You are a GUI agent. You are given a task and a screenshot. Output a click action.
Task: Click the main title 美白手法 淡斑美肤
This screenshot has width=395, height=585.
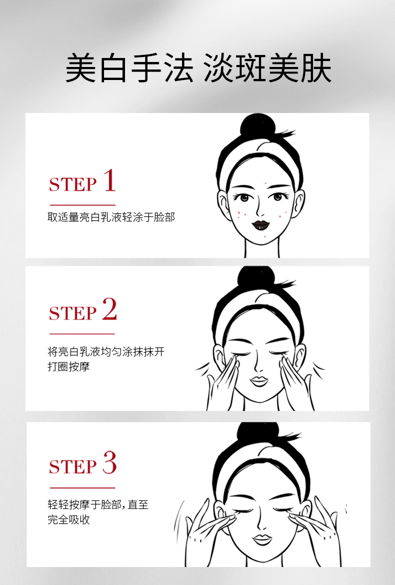click(198, 68)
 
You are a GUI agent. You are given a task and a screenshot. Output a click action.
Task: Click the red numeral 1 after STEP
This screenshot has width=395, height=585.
click(109, 180)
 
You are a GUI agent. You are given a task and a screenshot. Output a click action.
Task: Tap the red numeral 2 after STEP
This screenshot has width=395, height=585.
click(109, 309)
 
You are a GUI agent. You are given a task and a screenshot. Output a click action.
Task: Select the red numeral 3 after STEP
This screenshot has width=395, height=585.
click(109, 462)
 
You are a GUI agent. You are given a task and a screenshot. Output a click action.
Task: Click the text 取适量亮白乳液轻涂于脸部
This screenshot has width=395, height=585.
click(111, 217)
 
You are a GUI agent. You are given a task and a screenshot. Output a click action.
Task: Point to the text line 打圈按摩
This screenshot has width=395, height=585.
click(68, 366)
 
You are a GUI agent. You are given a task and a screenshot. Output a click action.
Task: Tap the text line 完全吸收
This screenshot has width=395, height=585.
click(68, 519)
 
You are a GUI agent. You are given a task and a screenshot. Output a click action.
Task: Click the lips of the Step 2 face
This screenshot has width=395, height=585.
click(259, 381)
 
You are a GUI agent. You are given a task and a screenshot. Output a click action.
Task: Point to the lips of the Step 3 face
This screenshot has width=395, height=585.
click(261, 539)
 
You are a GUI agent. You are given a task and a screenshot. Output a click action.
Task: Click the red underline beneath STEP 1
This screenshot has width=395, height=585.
click(82, 205)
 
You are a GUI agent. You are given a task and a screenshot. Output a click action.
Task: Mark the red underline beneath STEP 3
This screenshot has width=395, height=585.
click(82, 487)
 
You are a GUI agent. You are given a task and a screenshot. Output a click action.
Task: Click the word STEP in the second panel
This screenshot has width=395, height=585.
click(72, 313)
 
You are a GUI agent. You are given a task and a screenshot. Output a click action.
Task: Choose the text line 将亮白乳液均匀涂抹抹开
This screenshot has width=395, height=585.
click(106, 351)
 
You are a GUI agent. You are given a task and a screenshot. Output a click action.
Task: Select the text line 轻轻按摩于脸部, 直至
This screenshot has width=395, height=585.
click(98, 504)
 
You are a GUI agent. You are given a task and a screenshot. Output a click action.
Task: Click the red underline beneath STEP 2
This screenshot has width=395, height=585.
click(82, 334)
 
